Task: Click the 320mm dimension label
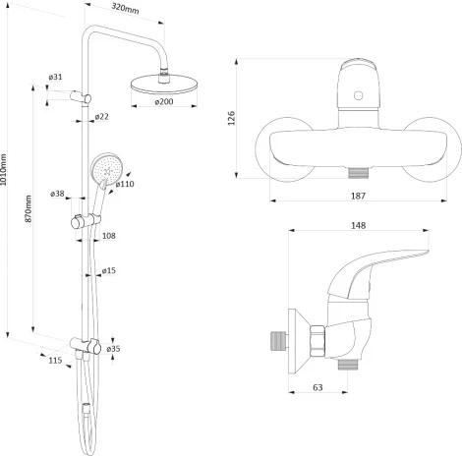125,8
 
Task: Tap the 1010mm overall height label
3,170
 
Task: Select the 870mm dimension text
29,209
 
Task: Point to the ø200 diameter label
164,101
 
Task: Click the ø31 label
55,77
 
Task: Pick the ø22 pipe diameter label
102,117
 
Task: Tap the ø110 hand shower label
125,184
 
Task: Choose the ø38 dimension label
57,194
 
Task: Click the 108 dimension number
109,236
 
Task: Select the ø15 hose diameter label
109,270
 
